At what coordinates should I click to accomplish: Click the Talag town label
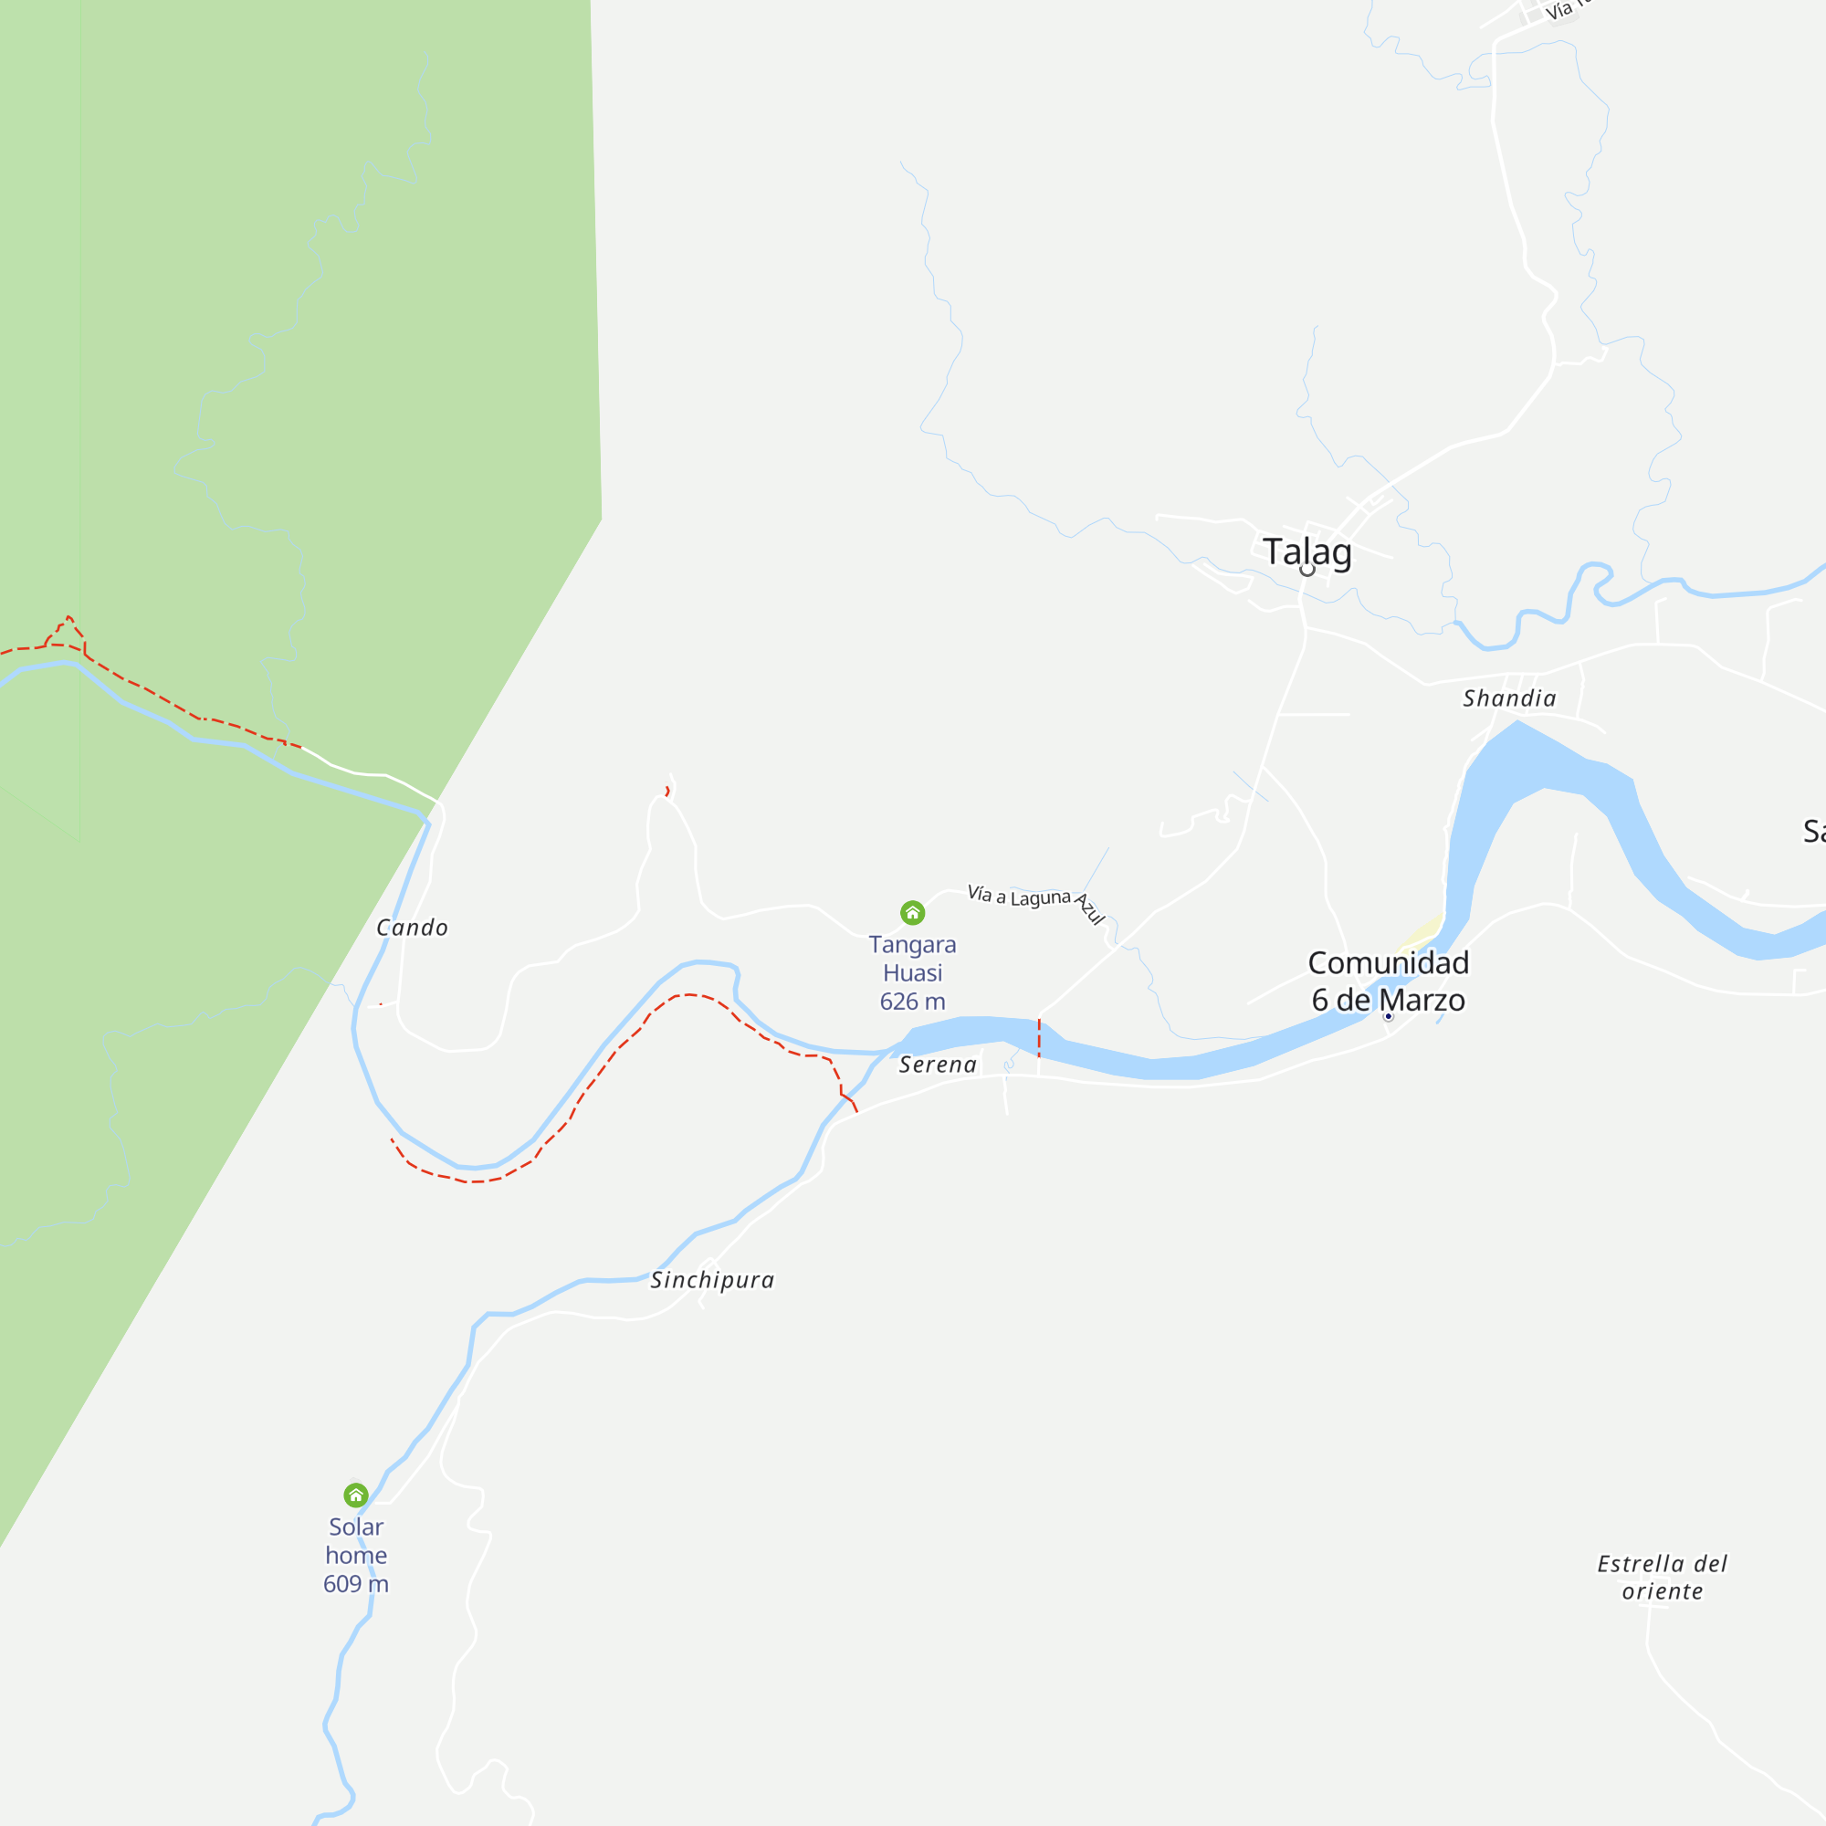coord(1307,551)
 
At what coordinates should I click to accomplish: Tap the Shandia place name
coord(1509,698)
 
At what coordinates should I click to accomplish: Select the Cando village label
coord(412,928)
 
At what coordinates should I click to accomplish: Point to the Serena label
coord(938,1065)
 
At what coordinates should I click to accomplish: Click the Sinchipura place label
coord(713,1281)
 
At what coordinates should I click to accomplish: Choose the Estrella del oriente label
coord(1663,1578)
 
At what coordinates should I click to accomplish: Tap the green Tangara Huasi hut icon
coord(912,912)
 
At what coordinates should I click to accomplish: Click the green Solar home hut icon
coord(355,1495)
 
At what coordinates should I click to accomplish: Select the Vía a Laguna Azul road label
coord(1035,900)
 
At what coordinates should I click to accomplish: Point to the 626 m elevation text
coord(912,1002)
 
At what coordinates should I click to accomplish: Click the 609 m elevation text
coord(355,1584)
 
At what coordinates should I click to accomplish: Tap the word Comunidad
coord(1388,963)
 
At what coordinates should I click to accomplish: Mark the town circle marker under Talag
coord(1307,570)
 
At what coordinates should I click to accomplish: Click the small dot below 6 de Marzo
coord(1389,1017)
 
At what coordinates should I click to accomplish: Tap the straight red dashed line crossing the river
coord(1039,1038)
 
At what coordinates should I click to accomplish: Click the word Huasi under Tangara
coord(912,973)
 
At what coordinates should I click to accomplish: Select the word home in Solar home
coord(355,1556)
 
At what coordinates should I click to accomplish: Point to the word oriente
coord(1663,1591)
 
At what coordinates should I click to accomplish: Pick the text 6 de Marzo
coord(1388,1000)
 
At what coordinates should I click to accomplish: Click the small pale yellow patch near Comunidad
coord(1420,936)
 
